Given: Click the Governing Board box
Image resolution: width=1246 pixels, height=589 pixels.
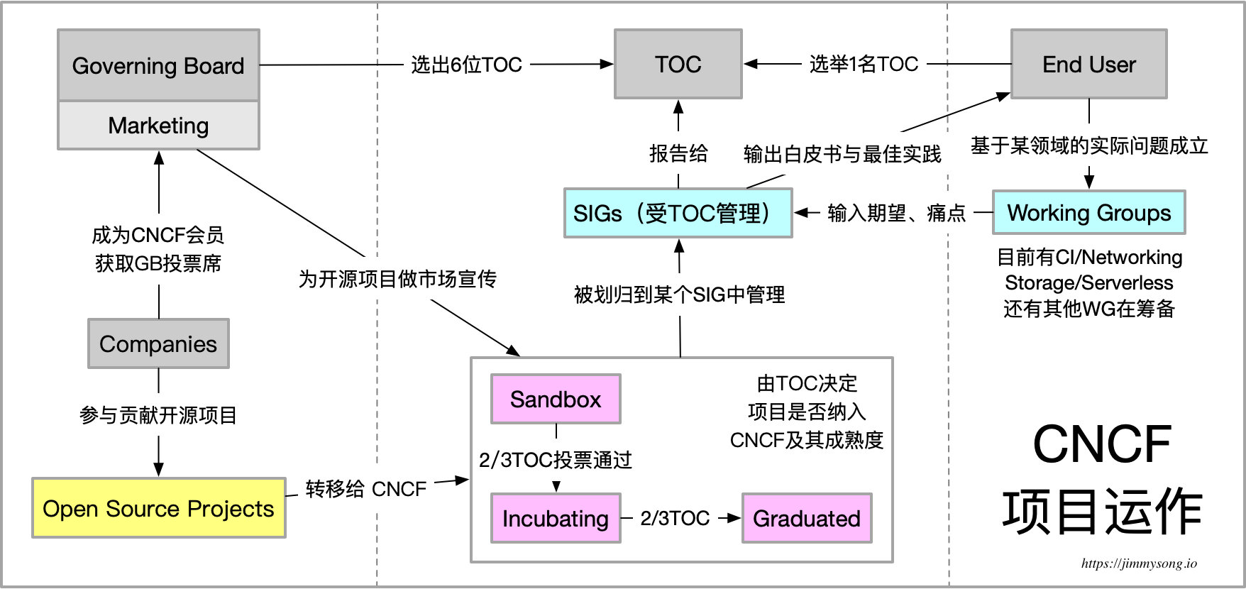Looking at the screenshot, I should click(x=158, y=65).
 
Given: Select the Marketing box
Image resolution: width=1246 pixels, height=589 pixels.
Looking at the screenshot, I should click(x=158, y=126).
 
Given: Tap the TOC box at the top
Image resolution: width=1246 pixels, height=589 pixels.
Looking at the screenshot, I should click(x=678, y=65).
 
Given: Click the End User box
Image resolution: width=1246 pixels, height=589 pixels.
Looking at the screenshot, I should click(x=1088, y=65).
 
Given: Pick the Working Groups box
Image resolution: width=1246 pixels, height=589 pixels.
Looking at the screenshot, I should click(x=1088, y=213).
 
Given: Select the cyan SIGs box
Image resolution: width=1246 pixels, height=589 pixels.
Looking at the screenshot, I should click(x=678, y=213).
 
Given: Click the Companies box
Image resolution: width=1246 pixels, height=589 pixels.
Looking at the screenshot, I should click(x=158, y=344).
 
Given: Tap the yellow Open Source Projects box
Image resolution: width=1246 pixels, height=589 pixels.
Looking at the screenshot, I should click(x=158, y=509).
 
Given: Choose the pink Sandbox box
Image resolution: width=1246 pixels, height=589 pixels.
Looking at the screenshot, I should click(x=556, y=400).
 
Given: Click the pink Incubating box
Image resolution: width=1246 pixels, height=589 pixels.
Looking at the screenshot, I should click(x=556, y=519).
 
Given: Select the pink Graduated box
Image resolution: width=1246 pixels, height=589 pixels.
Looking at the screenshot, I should click(x=807, y=519).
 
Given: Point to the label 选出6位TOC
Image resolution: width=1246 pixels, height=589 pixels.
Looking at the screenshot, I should click(x=466, y=65).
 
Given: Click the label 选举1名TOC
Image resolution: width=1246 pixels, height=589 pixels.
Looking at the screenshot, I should click(x=864, y=65).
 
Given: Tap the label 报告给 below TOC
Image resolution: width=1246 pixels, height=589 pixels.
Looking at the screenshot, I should click(x=678, y=153).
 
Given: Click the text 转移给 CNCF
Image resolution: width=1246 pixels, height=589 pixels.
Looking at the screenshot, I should click(x=366, y=489).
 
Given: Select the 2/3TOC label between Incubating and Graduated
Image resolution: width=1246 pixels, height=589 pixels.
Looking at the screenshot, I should click(x=675, y=518).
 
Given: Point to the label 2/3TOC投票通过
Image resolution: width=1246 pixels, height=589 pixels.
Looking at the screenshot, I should click(x=556, y=461).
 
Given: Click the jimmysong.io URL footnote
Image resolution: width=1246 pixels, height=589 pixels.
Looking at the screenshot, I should click(x=1139, y=563).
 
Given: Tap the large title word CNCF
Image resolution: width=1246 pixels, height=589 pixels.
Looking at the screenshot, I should click(x=1101, y=445).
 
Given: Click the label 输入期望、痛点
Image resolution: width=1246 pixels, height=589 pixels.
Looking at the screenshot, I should click(x=897, y=213).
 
